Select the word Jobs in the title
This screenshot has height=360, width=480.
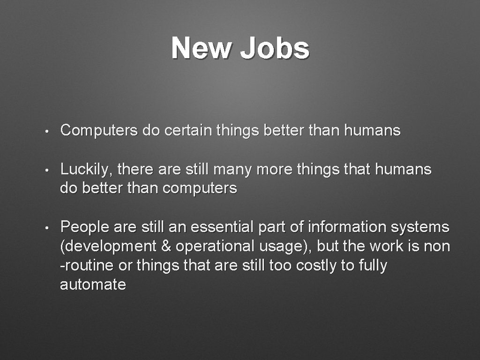click(275, 48)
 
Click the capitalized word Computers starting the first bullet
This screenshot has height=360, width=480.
click(99, 130)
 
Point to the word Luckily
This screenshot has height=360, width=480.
click(87, 169)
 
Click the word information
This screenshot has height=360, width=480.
click(348, 227)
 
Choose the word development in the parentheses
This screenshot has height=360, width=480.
click(111, 247)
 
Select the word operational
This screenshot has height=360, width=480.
click(214, 247)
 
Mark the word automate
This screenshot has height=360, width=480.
click(93, 285)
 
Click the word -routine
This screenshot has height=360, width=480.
click(87, 265)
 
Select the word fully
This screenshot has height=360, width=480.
click(373, 266)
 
